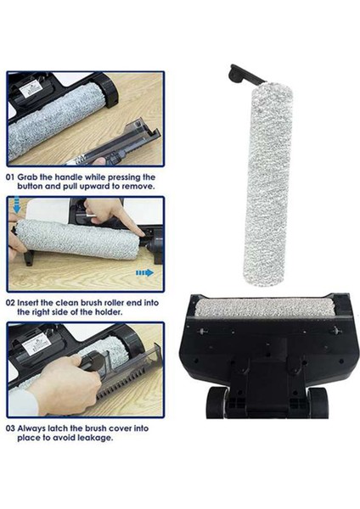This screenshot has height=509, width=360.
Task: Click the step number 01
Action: pyautogui.click(x=11, y=177)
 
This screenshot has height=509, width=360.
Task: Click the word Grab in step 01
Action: pyautogui.click(x=33, y=177)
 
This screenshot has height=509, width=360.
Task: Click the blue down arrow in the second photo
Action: pyautogui.click(x=18, y=207)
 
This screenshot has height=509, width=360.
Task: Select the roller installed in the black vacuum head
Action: pyautogui.click(x=267, y=306)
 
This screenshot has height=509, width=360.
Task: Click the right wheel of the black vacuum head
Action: pyautogui.click(x=317, y=400)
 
